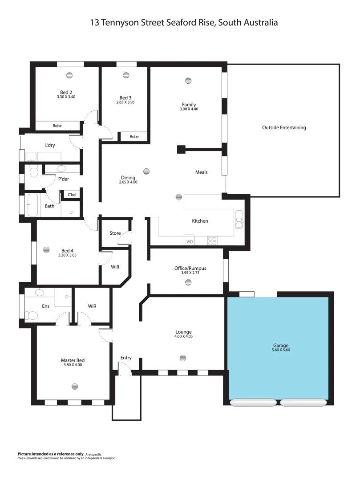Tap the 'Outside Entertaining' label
click(284, 128)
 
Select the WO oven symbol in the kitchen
click(189, 241)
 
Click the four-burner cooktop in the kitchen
click(213, 241)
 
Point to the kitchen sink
click(239, 220)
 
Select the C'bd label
click(71, 195)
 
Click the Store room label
click(115, 233)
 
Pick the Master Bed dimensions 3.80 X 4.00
click(73, 365)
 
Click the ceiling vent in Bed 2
click(69, 75)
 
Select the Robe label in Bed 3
click(134, 137)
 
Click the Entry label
click(126, 358)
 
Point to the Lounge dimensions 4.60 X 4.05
click(183, 337)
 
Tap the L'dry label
click(50, 146)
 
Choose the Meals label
click(201, 172)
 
